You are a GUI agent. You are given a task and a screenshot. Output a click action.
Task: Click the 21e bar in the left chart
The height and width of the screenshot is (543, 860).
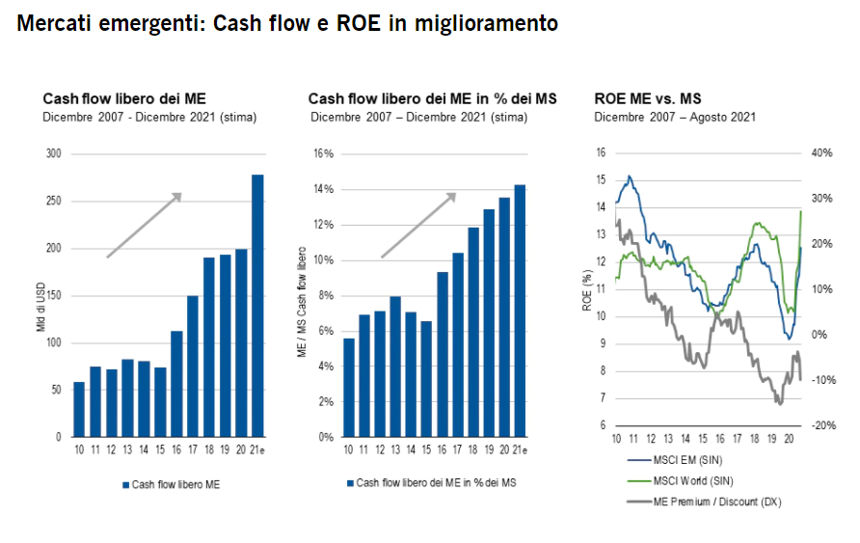[x=257, y=306]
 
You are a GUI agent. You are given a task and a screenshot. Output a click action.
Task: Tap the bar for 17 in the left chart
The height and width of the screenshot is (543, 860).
[x=193, y=367]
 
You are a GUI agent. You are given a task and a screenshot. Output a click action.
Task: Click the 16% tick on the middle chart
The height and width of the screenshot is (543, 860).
[x=322, y=154]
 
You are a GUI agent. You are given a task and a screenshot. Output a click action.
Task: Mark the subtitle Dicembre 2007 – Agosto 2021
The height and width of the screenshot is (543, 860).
[x=674, y=117]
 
